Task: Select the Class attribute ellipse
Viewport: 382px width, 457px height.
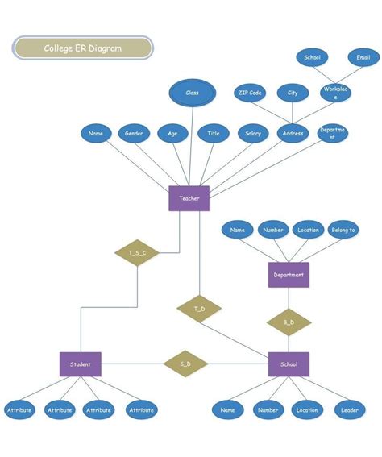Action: point(192,93)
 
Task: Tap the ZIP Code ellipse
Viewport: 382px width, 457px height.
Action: point(250,93)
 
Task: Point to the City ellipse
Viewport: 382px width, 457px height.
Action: point(293,93)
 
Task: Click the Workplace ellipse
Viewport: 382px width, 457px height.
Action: point(334,92)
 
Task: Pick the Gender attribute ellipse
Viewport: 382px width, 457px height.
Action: point(135,134)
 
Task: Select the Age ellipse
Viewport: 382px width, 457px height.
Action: point(172,134)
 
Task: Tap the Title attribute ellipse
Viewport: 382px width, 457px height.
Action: point(213,134)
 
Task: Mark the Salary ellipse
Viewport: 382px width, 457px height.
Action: point(252,134)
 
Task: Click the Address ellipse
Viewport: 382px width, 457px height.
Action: point(293,134)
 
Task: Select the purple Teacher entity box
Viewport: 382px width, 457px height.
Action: point(189,198)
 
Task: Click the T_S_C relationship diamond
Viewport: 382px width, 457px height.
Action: point(136,253)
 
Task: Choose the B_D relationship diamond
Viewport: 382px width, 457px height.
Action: point(289,322)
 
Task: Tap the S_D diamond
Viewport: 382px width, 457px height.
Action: point(185,364)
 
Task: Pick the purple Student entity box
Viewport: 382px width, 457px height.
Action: point(81,364)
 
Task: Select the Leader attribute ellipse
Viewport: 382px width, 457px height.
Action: point(350,410)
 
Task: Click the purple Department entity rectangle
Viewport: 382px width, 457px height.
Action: point(289,275)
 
